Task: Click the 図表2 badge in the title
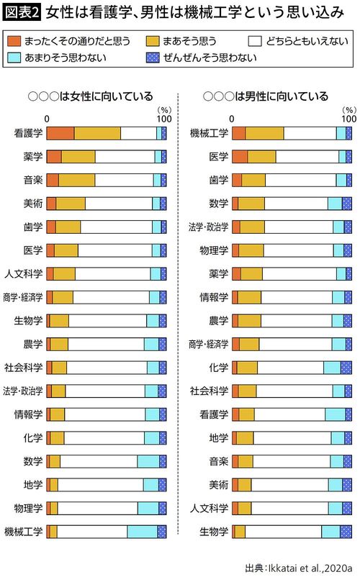coord(22,13)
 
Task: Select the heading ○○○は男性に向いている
coord(266,96)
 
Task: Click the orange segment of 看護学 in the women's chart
coord(60,133)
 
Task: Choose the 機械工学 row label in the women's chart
coord(24,532)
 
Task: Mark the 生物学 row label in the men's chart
coord(215,532)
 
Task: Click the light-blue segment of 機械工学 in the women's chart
coord(143,532)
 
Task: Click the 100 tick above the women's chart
coord(164,119)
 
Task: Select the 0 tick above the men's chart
coord(232,119)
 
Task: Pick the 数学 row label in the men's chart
coord(219,204)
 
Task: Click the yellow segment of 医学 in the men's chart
coord(262,156)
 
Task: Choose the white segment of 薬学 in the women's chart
coord(125,156)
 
